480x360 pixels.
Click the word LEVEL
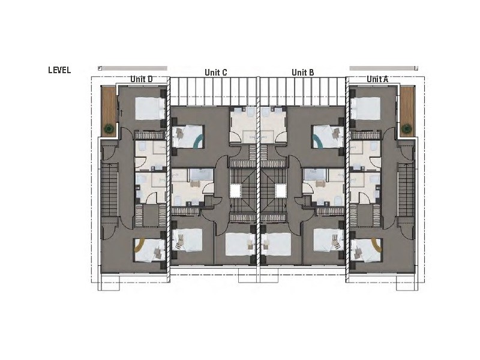[x=59, y=70]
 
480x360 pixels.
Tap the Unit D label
[x=142, y=79]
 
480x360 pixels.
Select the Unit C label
[x=215, y=73]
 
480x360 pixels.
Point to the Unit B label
[x=303, y=73]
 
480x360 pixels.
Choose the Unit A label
[x=377, y=79]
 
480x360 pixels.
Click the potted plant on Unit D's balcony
[x=109, y=127]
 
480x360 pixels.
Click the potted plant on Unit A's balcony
[x=407, y=127]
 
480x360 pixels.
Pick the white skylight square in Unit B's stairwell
[x=281, y=191]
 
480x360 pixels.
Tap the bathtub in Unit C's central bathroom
[x=197, y=175]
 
